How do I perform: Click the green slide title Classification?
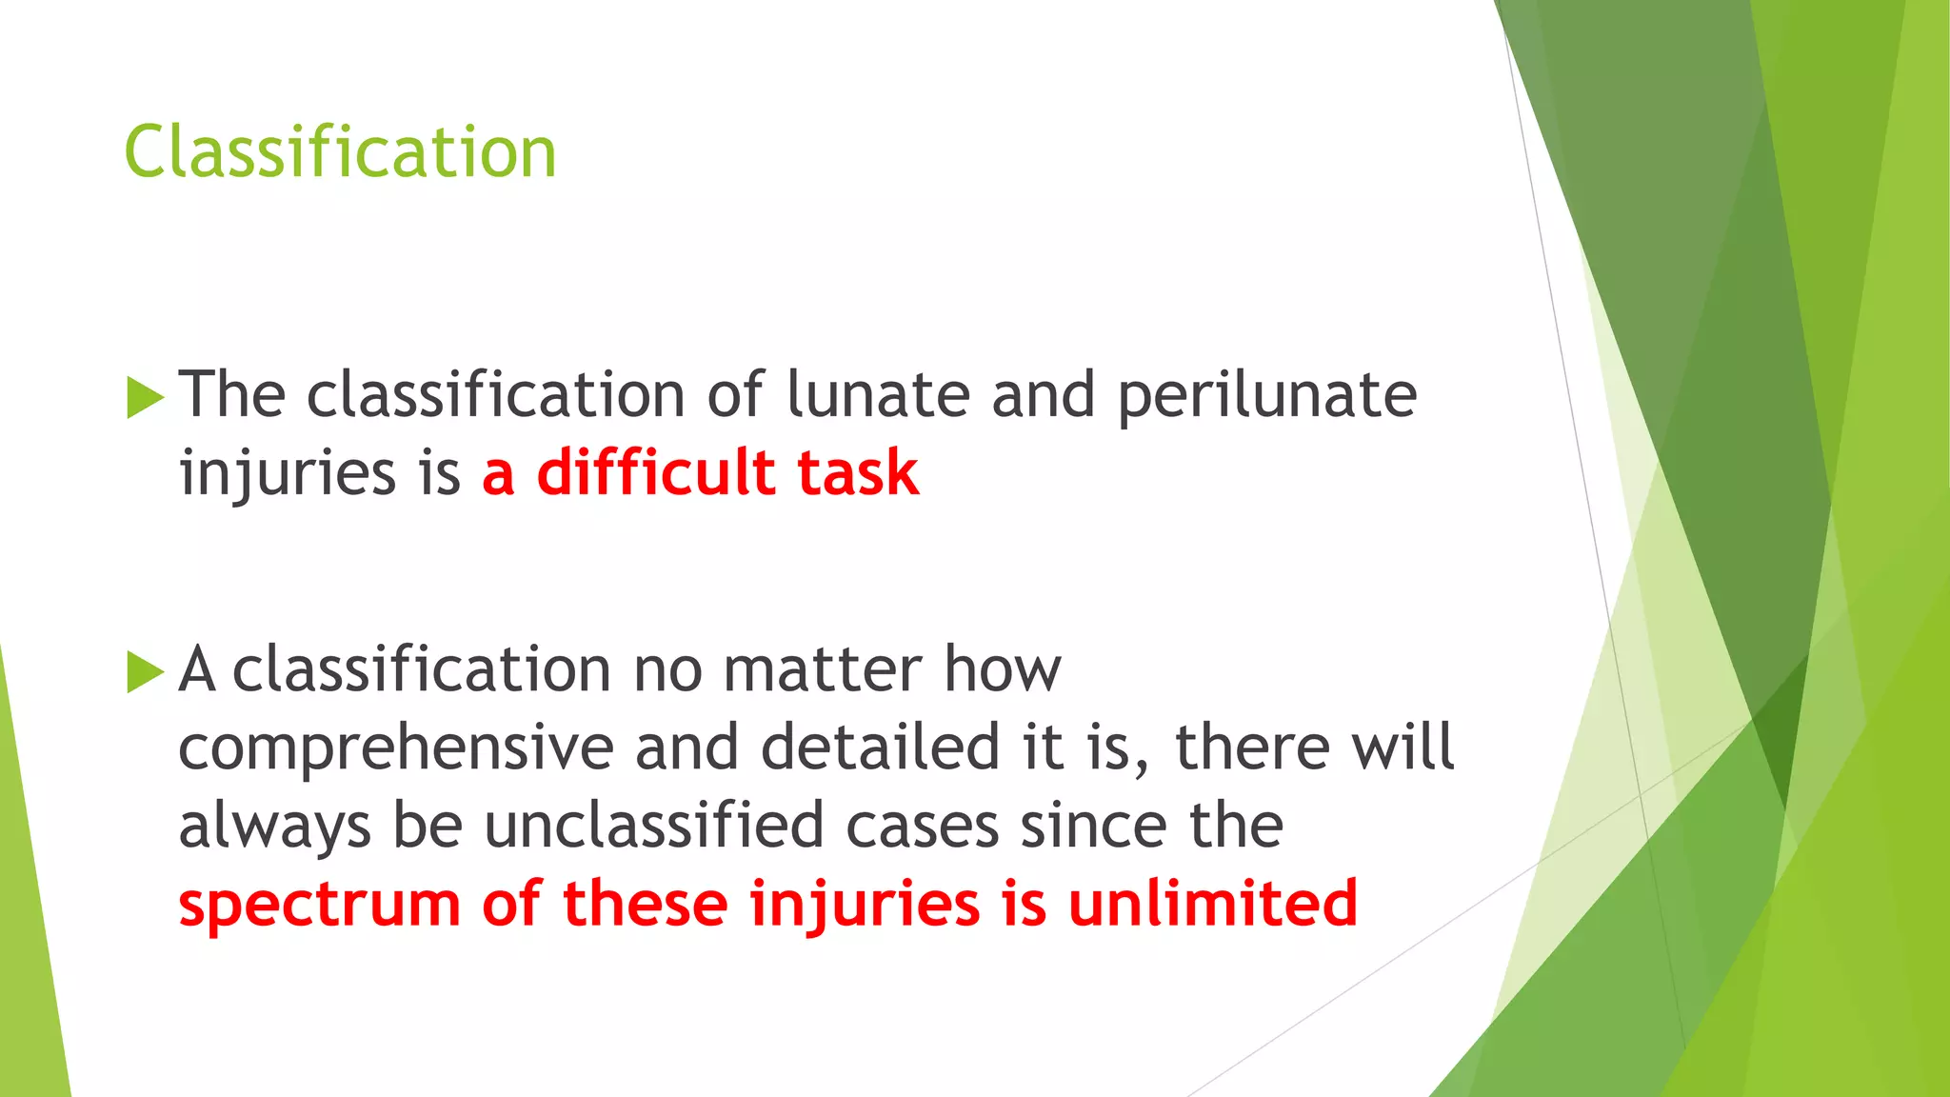[340, 152]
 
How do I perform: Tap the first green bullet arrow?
[145, 397]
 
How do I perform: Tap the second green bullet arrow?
[145, 672]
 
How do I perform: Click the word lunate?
[878, 394]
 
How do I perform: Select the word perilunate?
[1266, 396]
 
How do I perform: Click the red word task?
[858, 473]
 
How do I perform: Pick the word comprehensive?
[396, 748]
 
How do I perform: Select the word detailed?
[880, 747]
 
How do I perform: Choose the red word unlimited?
[1212, 903]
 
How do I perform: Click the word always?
[274, 827]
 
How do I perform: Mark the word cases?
[922, 826]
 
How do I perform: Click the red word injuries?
[864, 905]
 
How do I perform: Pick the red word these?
[645, 903]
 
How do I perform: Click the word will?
[1403, 747]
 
